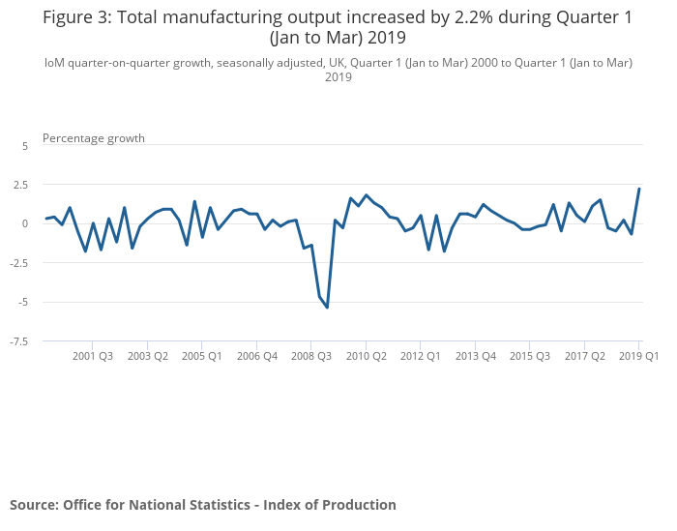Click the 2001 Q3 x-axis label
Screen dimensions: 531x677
point(93,356)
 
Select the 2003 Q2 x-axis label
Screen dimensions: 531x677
point(148,356)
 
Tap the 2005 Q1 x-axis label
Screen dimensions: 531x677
point(202,356)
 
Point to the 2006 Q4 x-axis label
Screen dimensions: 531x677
point(257,356)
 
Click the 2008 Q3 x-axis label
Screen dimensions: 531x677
point(311,356)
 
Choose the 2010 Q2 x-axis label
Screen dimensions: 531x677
point(367,356)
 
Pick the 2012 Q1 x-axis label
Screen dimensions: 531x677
point(421,356)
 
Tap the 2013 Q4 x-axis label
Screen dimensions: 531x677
point(476,356)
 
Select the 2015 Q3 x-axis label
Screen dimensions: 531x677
point(530,356)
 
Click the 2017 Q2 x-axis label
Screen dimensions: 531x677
point(585,356)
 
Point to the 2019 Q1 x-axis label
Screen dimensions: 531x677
point(638,356)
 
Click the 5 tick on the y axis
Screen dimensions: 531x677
point(25,145)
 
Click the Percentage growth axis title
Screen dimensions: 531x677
point(94,138)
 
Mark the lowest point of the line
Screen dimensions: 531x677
point(327,308)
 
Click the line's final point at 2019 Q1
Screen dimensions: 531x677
point(639,189)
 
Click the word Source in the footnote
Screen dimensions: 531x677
point(33,505)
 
